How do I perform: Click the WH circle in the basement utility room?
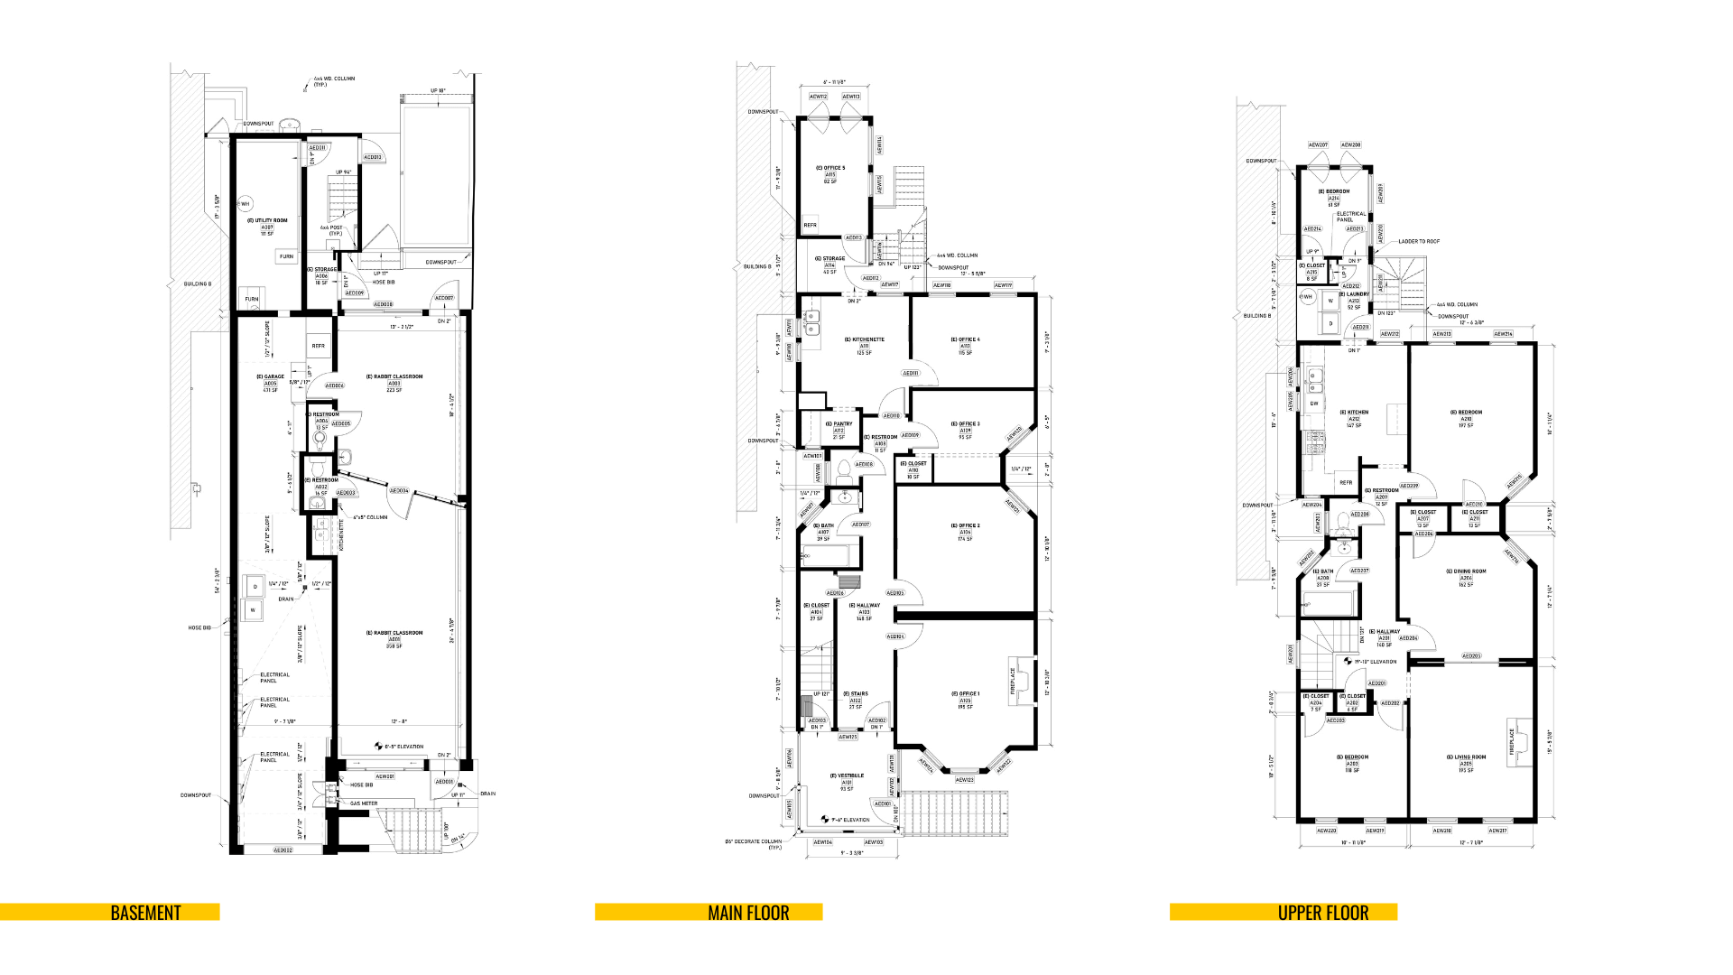tap(245, 204)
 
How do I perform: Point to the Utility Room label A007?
tap(267, 227)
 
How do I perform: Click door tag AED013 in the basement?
tap(373, 157)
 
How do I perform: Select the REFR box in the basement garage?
tap(318, 346)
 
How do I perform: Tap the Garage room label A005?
tap(270, 383)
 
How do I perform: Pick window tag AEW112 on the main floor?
tap(818, 97)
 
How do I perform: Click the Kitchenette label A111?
tap(864, 346)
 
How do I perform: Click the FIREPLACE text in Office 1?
tap(1014, 680)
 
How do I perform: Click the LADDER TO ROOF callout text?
tap(1419, 241)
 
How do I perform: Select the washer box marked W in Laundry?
tap(1330, 302)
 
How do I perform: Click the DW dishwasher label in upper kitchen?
tap(1314, 404)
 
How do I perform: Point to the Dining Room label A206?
tap(1466, 578)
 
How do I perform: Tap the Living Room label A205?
tap(1466, 763)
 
